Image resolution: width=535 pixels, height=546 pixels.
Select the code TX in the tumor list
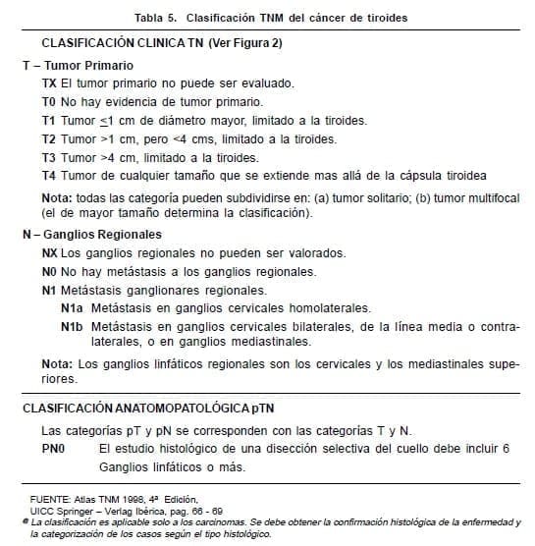pyautogui.click(x=50, y=83)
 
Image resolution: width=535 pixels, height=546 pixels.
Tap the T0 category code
pyautogui.click(x=50, y=102)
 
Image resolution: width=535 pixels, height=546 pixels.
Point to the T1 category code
pyautogui.click(x=50, y=121)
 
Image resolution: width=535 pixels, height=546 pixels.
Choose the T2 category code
pyautogui.click(x=50, y=139)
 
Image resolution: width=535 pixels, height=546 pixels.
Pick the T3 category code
pyautogui.click(x=50, y=157)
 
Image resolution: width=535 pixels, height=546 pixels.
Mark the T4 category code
pyautogui.click(x=50, y=176)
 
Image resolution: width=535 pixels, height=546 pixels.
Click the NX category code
pyautogui.click(x=51, y=252)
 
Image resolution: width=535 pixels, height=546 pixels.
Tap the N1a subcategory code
pyautogui.click(x=72, y=307)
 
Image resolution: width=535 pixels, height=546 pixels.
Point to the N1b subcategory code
pyautogui.click(x=72, y=326)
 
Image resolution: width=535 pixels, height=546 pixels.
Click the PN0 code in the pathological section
pyautogui.click(x=55, y=448)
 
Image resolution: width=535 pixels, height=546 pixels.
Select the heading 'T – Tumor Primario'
pyautogui.click(x=78, y=65)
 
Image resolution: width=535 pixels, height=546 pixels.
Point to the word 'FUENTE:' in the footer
pyautogui.click(x=49, y=501)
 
